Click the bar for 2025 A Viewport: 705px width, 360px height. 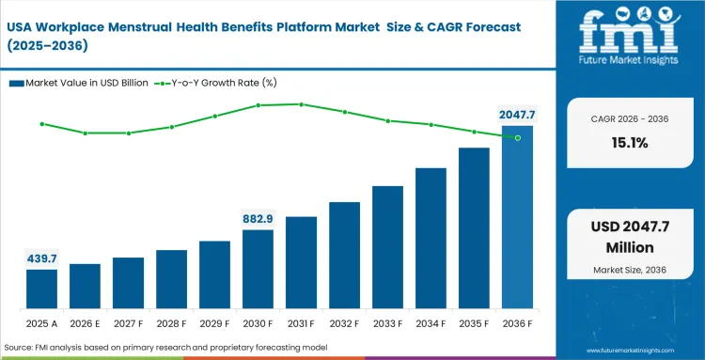click(41, 290)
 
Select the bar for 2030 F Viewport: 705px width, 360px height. click(258, 270)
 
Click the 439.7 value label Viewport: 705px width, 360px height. click(41, 258)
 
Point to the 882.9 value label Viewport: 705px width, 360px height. click(258, 218)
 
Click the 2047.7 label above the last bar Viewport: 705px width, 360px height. click(517, 115)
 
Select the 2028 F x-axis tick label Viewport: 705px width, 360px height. click(171, 322)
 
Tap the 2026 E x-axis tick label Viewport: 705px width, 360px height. click(85, 322)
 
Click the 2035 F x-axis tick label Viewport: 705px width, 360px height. click(474, 322)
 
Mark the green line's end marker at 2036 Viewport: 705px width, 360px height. click(517, 137)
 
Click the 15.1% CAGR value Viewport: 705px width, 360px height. click(629, 144)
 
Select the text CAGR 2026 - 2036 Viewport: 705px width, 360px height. click(629, 120)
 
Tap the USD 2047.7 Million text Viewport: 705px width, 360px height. click(629, 239)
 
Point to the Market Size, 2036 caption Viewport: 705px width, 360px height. click(629, 271)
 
